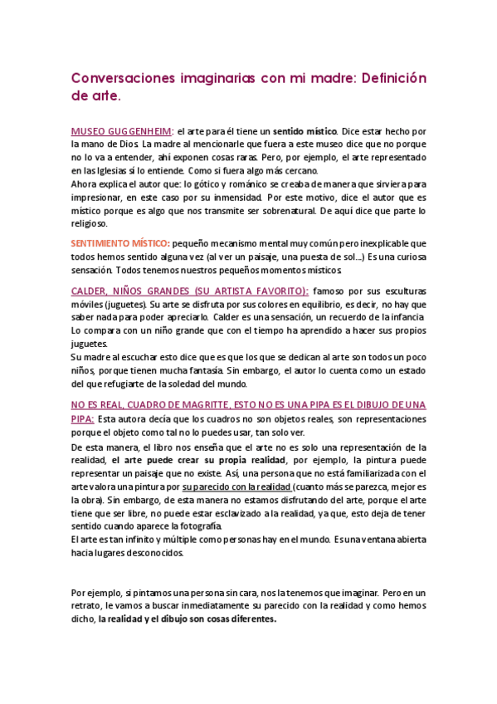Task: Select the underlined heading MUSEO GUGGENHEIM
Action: (x=122, y=131)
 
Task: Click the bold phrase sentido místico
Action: (x=306, y=131)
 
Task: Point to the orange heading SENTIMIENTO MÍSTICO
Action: (x=120, y=243)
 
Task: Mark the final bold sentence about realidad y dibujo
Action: (x=187, y=619)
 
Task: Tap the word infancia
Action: (x=406, y=318)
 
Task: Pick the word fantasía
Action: (x=194, y=371)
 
